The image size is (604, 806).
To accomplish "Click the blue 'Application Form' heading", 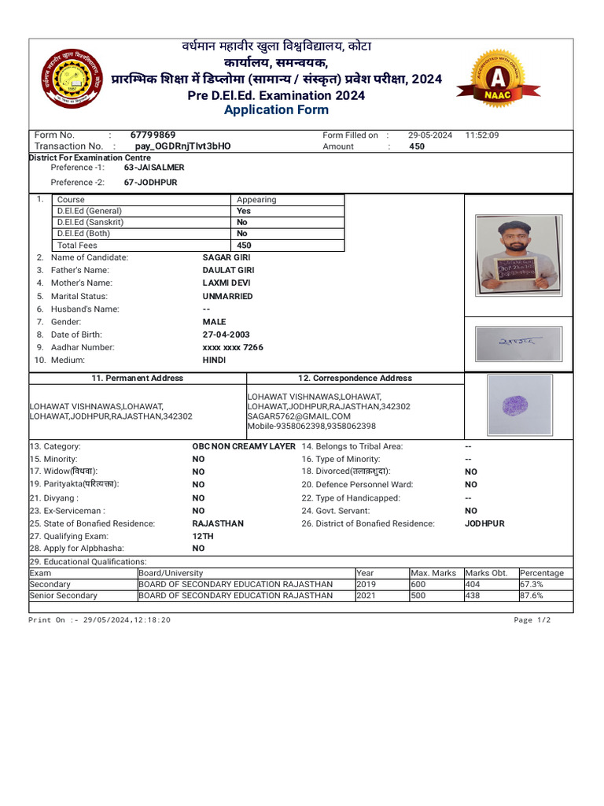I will (x=271, y=110).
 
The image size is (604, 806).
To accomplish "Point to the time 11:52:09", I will (x=482, y=135).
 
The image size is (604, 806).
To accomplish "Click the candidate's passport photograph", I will (x=517, y=253).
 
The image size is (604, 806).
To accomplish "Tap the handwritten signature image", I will (x=518, y=344).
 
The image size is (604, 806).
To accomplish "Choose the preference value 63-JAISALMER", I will (x=154, y=168).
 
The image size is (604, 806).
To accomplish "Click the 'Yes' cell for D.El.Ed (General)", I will (x=244, y=211).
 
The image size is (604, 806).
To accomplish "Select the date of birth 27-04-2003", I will (x=226, y=335).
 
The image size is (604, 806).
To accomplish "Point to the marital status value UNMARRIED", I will (x=227, y=297).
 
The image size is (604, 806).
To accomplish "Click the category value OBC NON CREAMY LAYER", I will (x=244, y=446).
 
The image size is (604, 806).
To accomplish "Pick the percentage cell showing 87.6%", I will (x=531, y=596).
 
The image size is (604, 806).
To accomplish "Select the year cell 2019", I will (x=366, y=585).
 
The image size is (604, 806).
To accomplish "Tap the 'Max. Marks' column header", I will (x=433, y=573).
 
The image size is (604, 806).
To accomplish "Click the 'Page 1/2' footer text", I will (x=532, y=620).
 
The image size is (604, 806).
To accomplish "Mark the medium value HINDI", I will (x=214, y=360).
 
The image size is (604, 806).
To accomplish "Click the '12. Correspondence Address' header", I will (x=355, y=379).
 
